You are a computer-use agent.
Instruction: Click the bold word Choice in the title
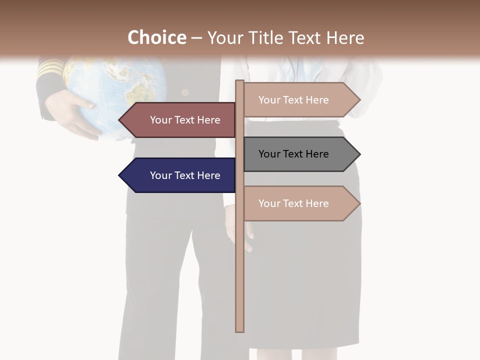(156, 37)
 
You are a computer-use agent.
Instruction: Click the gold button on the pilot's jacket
(185, 92)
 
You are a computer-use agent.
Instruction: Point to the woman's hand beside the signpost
(231, 225)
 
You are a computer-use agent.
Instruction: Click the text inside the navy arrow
(185, 175)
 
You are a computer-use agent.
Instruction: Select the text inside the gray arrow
(293, 154)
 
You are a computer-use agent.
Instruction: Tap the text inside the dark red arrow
(185, 120)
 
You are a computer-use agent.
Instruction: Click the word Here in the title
(345, 38)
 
